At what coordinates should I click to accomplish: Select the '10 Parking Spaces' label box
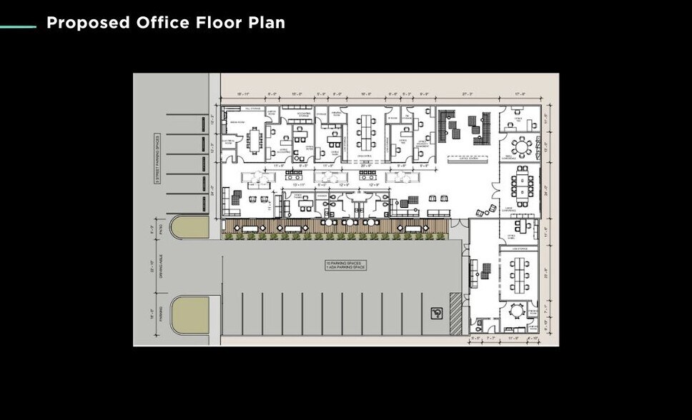click(x=345, y=265)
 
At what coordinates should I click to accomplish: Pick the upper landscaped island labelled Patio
click(x=189, y=227)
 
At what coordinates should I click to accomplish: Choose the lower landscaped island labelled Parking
click(x=189, y=315)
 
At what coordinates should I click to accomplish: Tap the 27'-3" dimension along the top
click(x=468, y=94)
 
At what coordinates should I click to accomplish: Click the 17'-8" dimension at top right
click(x=520, y=94)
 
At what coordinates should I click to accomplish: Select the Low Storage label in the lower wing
click(x=519, y=249)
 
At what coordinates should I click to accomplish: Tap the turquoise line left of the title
click(x=18, y=27)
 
